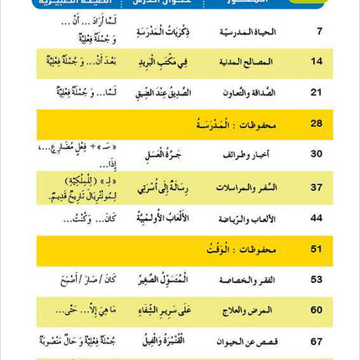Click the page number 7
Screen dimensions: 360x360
coord(317,33)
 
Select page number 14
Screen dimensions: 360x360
coord(316,62)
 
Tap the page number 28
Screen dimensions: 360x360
coord(316,124)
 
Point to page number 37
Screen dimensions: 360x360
coord(316,188)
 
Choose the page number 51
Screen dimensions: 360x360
coord(316,249)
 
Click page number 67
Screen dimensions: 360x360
coord(316,341)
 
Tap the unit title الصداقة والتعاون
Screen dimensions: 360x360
coord(249,92)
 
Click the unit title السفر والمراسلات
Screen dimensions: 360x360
coord(250,188)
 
